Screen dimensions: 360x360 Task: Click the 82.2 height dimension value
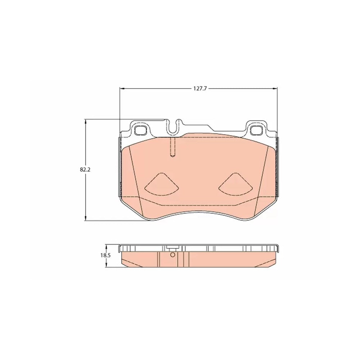[x=85, y=170]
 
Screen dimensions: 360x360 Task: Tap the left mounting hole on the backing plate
[x=140, y=130]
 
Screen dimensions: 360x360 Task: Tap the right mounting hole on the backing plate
[x=256, y=130]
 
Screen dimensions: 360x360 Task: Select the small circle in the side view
[x=173, y=255]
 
